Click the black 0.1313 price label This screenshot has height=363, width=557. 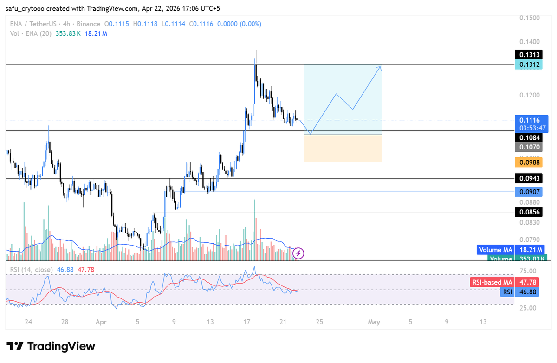pos(529,55)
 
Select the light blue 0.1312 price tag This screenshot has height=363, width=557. pos(529,65)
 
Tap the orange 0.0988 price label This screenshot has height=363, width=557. pos(529,162)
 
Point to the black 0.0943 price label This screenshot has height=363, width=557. pos(529,178)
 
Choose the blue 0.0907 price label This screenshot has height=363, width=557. pos(529,192)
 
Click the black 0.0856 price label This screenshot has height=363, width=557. pos(529,212)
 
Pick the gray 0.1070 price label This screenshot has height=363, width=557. pos(529,147)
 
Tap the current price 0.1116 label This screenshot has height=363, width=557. pos(529,120)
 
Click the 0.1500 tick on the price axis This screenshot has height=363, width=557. pos(529,18)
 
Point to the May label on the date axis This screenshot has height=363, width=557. pos(374,322)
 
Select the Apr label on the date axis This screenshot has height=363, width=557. pos(101,322)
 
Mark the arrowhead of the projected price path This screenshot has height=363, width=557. pos(380,67)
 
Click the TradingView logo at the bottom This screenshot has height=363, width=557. pos(52,346)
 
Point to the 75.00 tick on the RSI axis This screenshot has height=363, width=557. pos(529,271)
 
